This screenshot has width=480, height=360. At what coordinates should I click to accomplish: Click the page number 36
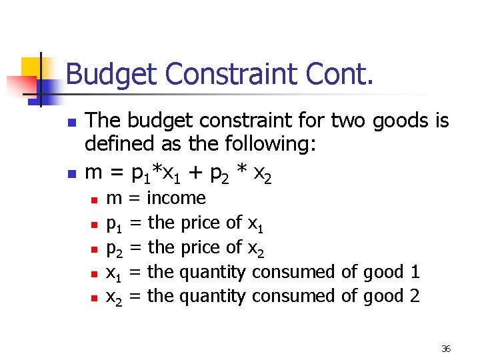446,349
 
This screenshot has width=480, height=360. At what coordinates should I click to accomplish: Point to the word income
176,198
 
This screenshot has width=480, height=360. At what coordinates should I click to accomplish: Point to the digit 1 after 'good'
415,272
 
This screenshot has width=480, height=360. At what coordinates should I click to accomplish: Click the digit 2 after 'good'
415,296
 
